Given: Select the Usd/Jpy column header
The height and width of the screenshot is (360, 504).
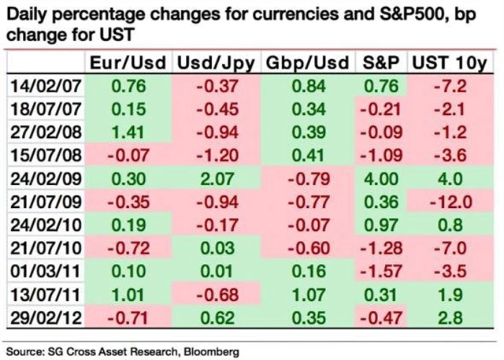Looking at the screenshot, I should tap(215, 64).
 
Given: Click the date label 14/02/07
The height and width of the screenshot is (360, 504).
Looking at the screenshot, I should tap(44, 86).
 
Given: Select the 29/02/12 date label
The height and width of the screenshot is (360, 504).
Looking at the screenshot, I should tap(44, 321).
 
